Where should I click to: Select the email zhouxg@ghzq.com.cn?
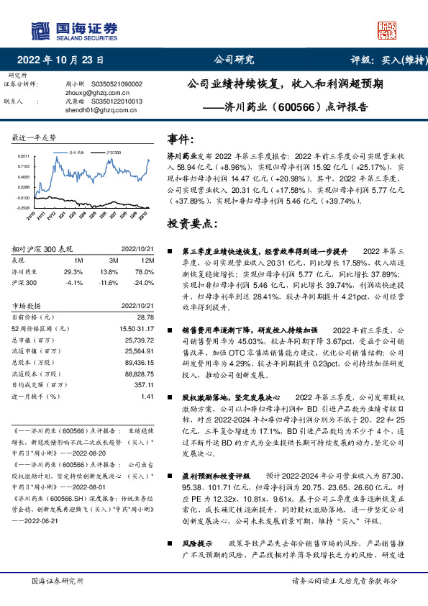point(101,93)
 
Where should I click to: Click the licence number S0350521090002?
point(117,84)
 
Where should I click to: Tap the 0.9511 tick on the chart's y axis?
point(24,155)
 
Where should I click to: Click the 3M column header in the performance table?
point(114,260)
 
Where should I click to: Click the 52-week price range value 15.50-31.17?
point(138,328)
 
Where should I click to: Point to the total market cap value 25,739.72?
point(140,339)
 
